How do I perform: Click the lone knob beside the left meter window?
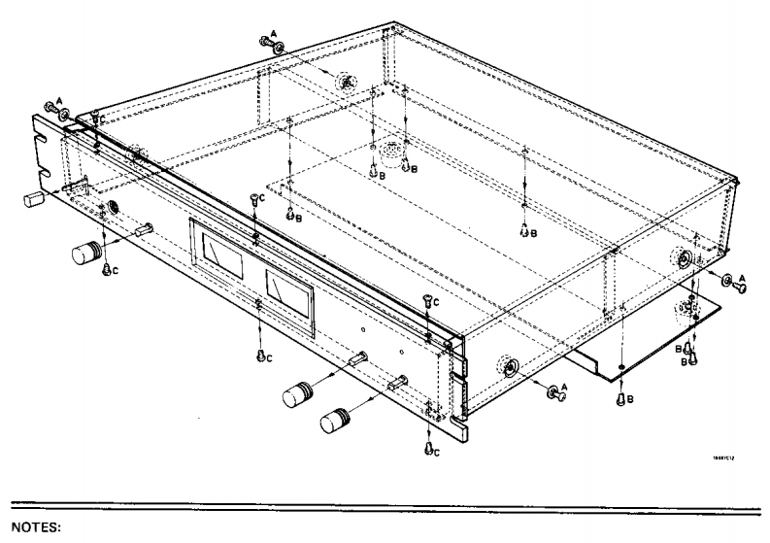coord(88,254)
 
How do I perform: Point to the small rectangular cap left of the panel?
coord(35,200)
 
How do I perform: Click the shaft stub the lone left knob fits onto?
coord(144,229)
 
